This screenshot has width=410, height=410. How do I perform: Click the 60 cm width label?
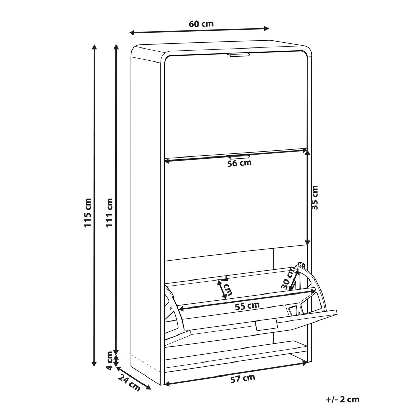[x=201, y=24]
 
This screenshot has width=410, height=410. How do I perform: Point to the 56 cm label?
[x=240, y=163]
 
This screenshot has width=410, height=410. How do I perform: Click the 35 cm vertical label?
[x=315, y=198]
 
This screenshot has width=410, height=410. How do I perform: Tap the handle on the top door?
[x=238, y=55]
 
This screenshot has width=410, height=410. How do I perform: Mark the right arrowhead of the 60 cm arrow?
[x=266, y=28]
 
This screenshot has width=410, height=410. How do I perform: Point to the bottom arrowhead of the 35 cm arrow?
[x=307, y=242]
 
